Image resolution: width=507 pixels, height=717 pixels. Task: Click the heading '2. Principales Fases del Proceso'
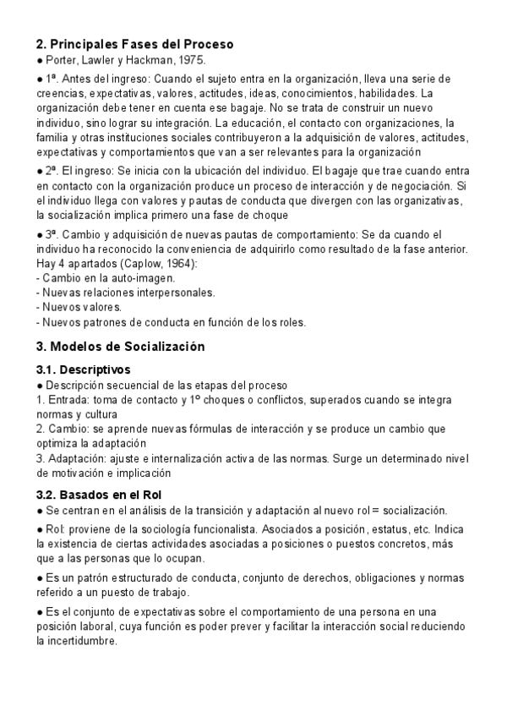click(134, 44)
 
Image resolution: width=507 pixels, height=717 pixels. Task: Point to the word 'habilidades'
click(388, 92)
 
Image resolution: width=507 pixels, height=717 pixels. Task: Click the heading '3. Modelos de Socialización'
click(120, 347)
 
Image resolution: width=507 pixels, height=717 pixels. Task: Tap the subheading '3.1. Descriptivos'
click(83, 369)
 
